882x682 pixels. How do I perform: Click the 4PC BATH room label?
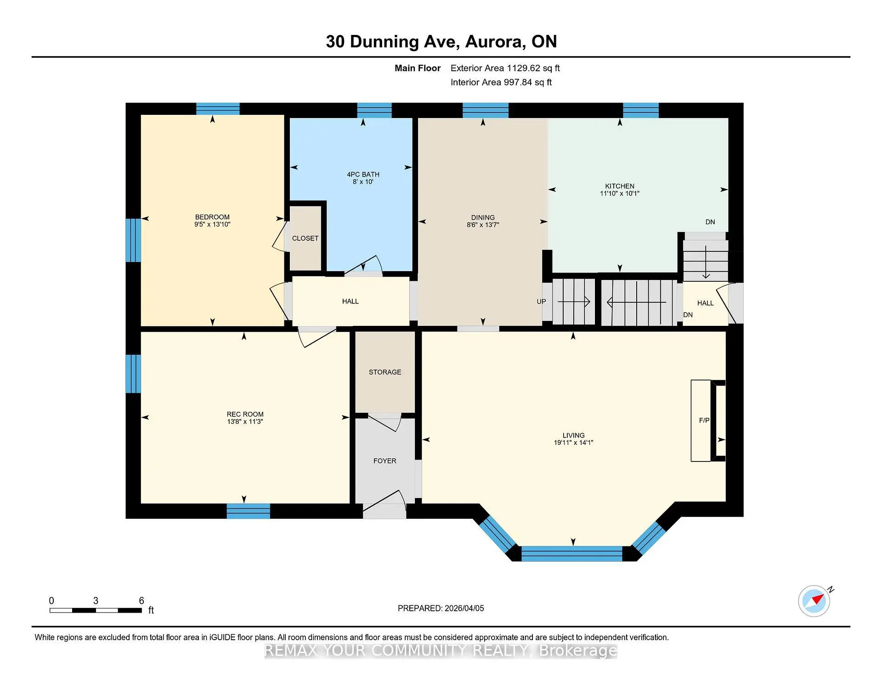pos(363,174)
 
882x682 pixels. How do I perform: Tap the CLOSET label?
pos(305,238)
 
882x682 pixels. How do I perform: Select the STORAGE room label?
pos(385,372)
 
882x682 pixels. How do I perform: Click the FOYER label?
pos(384,460)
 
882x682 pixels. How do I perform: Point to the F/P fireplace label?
pos(704,420)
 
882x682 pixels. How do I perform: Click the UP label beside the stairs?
pos(541,301)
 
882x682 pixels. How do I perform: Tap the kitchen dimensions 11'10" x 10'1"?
pos(619,193)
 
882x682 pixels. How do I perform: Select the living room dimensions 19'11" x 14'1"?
pos(573,443)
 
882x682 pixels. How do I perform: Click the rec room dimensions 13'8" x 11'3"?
pos(245,421)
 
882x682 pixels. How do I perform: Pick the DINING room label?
pos(483,217)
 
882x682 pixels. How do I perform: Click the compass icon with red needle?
pos(814,600)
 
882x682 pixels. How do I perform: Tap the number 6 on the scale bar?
pos(141,600)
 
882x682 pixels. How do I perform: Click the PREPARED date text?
pos(441,608)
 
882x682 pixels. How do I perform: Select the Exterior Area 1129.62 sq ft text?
pos(505,68)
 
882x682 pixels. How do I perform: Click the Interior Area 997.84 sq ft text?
pos(501,82)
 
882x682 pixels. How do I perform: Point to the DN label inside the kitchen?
pos(710,222)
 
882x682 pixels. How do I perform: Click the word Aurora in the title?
pos(495,41)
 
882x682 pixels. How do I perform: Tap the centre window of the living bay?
pos(572,553)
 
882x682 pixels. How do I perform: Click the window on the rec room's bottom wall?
pos(248,511)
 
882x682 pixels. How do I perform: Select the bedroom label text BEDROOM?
pos(212,217)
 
